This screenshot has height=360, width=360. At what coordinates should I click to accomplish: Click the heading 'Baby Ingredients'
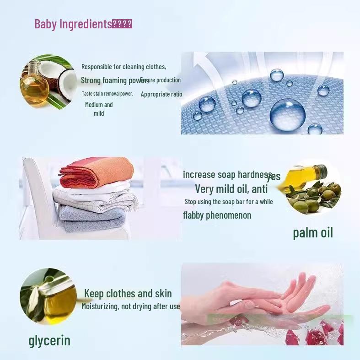click(73, 24)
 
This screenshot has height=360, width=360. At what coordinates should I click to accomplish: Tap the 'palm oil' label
click(313, 233)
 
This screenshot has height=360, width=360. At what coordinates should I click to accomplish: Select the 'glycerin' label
click(49, 340)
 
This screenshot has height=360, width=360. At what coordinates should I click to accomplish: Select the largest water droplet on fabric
click(287, 114)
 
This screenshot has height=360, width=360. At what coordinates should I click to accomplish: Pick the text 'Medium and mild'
click(99, 109)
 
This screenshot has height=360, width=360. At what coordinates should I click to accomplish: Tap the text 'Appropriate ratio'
click(161, 94)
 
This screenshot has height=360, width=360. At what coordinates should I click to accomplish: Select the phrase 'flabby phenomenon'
click(217, 215)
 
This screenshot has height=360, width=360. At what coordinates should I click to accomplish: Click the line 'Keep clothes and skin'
click(128, 294)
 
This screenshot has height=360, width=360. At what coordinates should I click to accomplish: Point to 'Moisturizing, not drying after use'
click(131, 306)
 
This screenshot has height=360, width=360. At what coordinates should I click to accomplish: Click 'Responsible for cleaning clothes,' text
click(124, 67)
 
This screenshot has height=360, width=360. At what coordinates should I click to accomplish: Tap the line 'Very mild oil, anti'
click(231, 188)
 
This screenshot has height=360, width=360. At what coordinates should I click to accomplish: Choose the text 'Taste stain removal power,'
click(107, 94)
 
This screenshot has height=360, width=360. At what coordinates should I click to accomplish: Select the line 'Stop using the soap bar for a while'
click(229, 202)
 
